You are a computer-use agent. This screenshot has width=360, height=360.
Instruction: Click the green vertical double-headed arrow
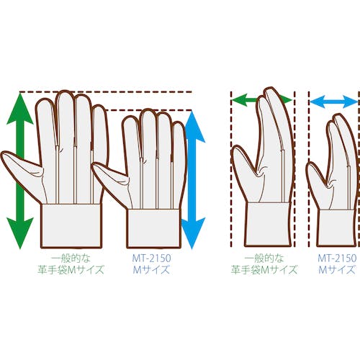click(20, 171)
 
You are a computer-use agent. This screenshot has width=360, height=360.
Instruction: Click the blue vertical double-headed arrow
click(193, 180)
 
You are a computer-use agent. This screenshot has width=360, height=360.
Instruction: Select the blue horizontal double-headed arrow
click(334, 102)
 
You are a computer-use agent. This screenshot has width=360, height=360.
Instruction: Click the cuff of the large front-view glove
click(71, 225)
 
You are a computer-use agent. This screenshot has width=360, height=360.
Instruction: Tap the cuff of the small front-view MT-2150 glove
click(153, 228)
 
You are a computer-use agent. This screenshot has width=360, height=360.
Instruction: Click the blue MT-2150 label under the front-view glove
click(151, 258)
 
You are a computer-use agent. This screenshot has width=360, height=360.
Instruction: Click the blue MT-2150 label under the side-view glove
click(337, 258)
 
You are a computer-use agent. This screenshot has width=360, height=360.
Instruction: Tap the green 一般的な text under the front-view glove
click(71, 258)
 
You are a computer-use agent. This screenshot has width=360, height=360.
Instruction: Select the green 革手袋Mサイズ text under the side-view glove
click(264, 270)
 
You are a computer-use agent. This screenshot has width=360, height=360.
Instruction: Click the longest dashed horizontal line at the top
click(106, 92)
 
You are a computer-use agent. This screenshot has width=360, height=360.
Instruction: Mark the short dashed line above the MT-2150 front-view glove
click(149, 110)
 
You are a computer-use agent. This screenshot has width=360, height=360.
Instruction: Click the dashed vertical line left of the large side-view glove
click(231, 169)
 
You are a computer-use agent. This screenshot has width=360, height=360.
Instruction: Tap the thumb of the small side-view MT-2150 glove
click(317, 182)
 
